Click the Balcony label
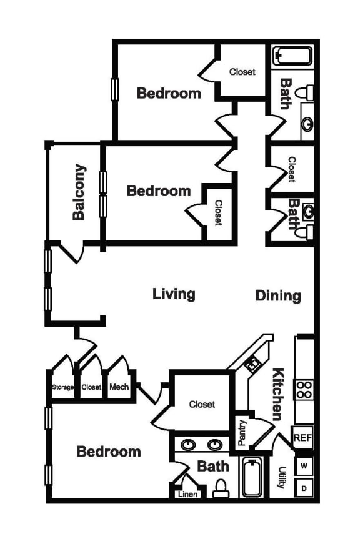(x=79, y=192)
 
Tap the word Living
(x=174, y=294)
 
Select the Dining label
(x=278, y=295)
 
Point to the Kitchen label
(x=277, y=394)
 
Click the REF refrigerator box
(x=302, y=438)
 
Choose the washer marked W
(x=304, y=465)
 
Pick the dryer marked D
(x=304, y=488)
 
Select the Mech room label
(x=119, y=387)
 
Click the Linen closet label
(x=189, y=494)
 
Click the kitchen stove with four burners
(x=304, y=390)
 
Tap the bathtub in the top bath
(x=292, y=57)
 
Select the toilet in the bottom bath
(x=221, y=488)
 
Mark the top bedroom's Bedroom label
(x=169, y=93)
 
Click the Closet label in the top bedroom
(x=242, y=72)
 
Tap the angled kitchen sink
(x=253, y=362)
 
